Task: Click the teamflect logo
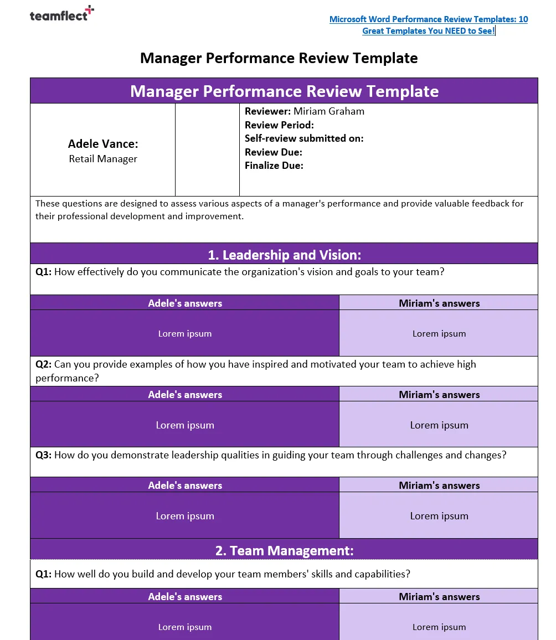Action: pos(61,15)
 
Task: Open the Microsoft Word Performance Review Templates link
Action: pos(429,25)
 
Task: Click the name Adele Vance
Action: pos(103,144)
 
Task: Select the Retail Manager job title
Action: pos(103,159)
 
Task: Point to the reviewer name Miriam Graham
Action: pos(328,111)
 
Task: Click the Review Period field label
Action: pos(279,125)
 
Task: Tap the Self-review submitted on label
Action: pos(304,138)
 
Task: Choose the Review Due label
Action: pos(273,152)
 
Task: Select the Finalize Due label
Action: pos(274,166)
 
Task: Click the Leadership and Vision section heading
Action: pos(284,255)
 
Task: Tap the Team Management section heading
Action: pos(284,551)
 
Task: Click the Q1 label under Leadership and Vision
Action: pos(43,272)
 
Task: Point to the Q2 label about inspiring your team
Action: pos(43,364)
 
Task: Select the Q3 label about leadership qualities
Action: pos(43,455)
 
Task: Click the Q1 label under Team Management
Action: pos(43,574)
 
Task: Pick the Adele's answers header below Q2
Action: pos(184,395)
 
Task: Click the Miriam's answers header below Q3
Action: pos(439,486)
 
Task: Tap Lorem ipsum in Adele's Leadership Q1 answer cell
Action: pos(184,334)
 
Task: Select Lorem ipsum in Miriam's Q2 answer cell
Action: pos(439,425)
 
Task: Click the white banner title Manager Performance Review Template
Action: pos(284,91)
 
